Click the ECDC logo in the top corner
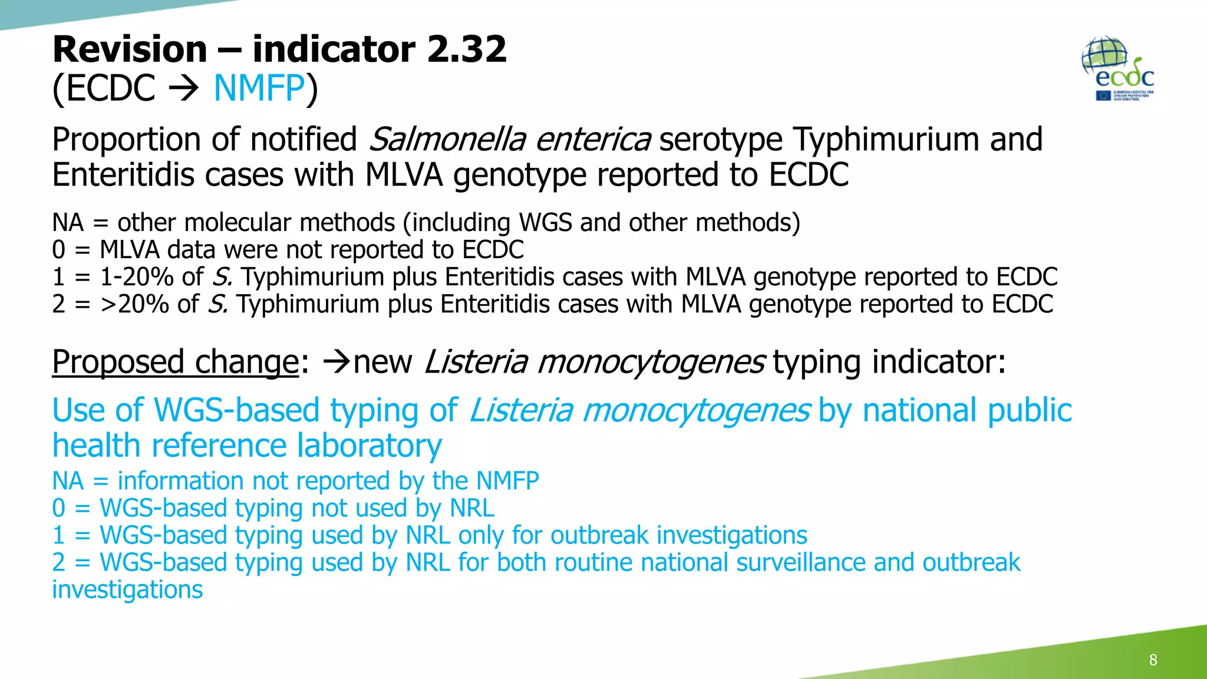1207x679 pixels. point(1118,70)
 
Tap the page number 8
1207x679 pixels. point(1153,660)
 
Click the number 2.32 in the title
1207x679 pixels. point(467,49)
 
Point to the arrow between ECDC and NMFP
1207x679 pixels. point(184,89)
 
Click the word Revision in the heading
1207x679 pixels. point(130,49)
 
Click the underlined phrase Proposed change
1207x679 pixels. point(176,361)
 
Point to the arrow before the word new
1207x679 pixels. point(337,361)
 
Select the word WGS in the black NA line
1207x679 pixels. point(545,223)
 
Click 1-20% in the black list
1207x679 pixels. point(137,277)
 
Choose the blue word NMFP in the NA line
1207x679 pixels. point(507,481)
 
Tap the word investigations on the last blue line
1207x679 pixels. point(127,589)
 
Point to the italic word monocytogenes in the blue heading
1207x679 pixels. point(696,410)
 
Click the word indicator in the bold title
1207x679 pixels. point(334,49)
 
